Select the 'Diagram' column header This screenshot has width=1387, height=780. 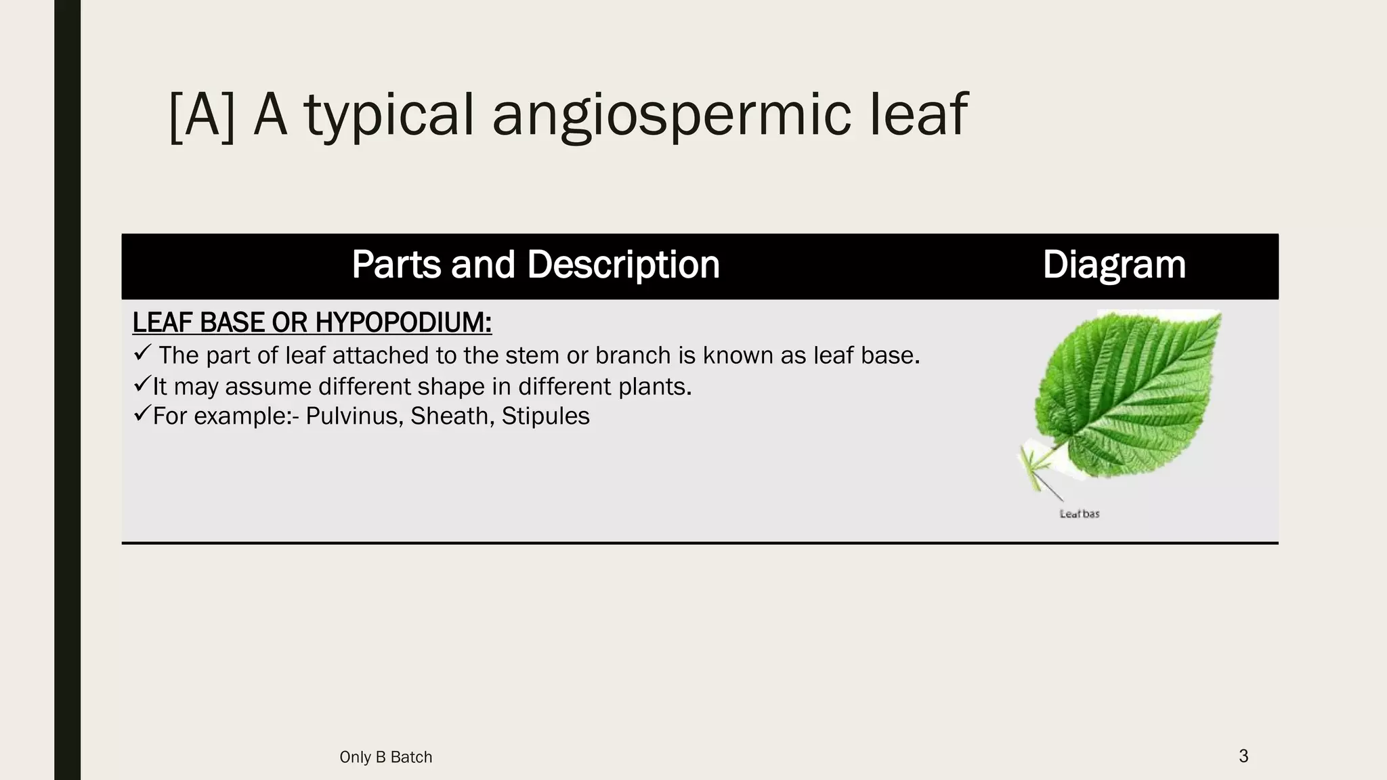(x=1114, y=264)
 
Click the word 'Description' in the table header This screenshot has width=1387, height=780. (x=623, y=264)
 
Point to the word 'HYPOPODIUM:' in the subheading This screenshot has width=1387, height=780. (x=403, y=323)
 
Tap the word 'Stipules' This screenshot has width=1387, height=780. (x=545, y=416)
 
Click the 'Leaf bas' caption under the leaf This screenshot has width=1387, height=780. (x=1080, y=514)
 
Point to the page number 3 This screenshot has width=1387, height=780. (x=1243, y=756)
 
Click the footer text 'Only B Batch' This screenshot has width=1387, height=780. (x=385, y=757)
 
